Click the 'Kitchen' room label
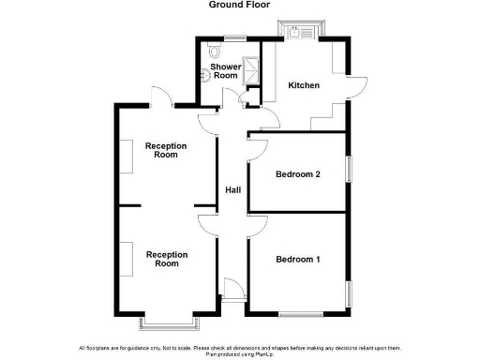(x=304, y=85)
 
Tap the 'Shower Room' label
(x=225, y=72)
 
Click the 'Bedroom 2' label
(x=298, y=174)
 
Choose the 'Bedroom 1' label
(x=298, y=259)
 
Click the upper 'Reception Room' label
(x=166, y=150)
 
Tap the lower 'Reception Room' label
(x=166, y=259)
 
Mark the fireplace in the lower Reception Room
(x=125, y=257)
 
